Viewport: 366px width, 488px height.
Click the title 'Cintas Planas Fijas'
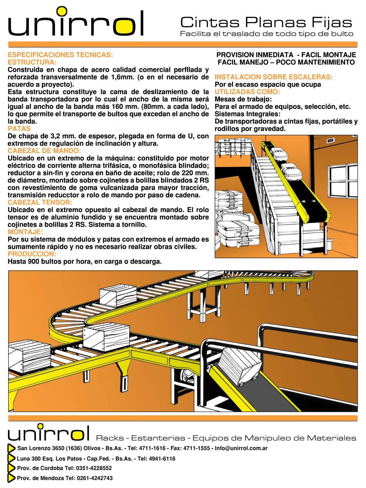[266, 23]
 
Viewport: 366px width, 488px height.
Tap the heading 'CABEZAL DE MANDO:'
[44, 151]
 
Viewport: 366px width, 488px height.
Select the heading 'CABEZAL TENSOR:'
[40, 202]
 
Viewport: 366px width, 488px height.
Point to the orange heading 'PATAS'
[19, 129]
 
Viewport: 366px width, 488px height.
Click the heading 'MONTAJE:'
[25, 232]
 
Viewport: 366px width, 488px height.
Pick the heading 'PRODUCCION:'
[32, 254]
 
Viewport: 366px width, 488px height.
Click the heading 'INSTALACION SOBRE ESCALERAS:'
[274, 77]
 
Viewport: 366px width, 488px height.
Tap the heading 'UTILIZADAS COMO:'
[247, 92]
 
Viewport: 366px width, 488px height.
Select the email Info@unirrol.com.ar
[241, 448]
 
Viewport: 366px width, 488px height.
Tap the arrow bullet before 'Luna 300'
[11, 458]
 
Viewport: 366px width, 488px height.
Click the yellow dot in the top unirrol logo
[62, 11]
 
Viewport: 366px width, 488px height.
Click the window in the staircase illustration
[343, 180]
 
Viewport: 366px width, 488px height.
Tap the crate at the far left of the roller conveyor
[29, 356]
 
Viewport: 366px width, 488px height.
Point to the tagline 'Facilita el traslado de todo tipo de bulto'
[266, 34]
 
